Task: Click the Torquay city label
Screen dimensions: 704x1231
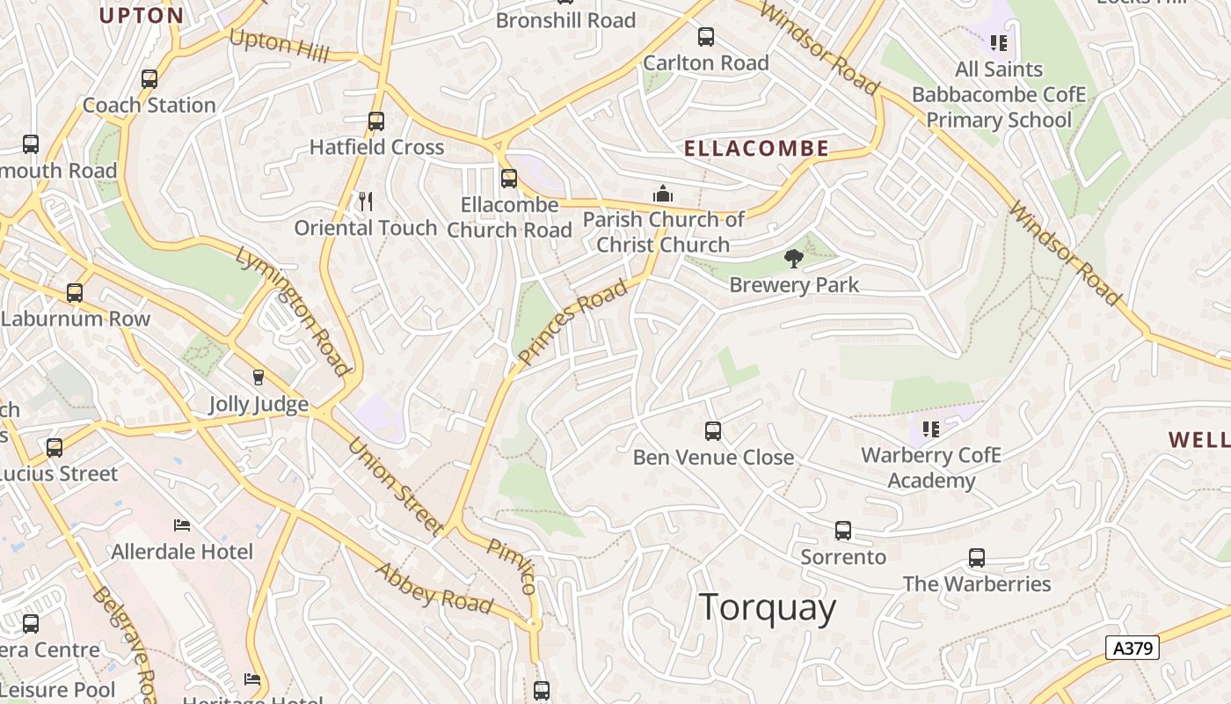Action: click(x=768, y=608)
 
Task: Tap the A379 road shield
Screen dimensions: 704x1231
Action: click(x=1132, y=649)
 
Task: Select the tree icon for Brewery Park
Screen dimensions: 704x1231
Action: click(x=794, y=258)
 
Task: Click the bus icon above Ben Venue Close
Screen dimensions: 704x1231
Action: click(x=713, y=431)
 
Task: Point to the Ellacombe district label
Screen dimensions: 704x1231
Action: click(x=756, y=149)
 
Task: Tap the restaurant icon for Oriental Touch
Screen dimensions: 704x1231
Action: click(x=366, y=202)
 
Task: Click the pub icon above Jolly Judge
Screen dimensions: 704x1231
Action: click(x=259, y=378)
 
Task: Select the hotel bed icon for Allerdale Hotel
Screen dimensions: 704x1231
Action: click(x=182, y=525)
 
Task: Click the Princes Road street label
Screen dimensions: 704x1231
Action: click(x=573, y=321)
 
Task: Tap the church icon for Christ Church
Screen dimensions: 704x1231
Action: click(x=663, y=194)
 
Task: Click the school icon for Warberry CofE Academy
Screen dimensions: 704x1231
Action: click(x=931, y=429)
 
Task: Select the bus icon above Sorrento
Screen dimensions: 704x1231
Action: click(x=843, y=531)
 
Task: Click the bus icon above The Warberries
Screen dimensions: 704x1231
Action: click(x=977, y=558)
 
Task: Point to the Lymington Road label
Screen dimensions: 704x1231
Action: click(x=294, y=310)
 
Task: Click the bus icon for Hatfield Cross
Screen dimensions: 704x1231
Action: click(x=376, y=121)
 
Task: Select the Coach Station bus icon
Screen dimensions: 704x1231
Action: click(x=149, y=79)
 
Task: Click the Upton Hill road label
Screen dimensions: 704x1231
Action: click(x=279, y=46)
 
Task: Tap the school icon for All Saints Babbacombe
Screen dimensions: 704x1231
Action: click(x=998, y=43)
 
